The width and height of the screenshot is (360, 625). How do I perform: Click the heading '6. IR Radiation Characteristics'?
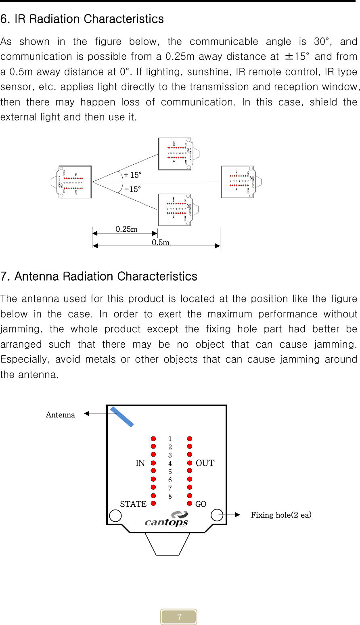coord(82,19)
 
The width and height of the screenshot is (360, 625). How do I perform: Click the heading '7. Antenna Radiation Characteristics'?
coord(99,277)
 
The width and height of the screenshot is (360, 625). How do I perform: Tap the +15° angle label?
coord(133,175)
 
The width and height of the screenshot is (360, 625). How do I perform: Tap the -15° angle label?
coord(133,189)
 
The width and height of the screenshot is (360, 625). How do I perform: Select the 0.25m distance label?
coord(126,229)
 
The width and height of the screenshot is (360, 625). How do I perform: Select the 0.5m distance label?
coord(160,242)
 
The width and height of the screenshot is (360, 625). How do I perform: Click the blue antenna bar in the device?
coord(122,417)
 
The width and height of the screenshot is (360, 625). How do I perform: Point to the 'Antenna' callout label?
coord(60,415)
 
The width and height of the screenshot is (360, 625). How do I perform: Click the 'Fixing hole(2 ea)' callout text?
coord(281,515)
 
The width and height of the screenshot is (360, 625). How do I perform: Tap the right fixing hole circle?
coord(217,515)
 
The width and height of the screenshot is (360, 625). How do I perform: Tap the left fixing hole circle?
coord(115,516)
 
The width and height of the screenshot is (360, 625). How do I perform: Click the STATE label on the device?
coord(133,504)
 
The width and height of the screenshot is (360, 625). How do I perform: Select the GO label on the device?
coord(201,504)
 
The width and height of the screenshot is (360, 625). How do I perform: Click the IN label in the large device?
coord(140,463)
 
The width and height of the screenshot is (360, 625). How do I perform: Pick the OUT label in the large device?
coord(205,463)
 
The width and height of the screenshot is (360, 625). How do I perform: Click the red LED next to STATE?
coord(153,503)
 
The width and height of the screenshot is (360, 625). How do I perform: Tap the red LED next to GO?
coord(189,503)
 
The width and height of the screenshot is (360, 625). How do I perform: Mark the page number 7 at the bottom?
coord(179,617)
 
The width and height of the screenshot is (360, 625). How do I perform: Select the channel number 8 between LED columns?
coord(170,496)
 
